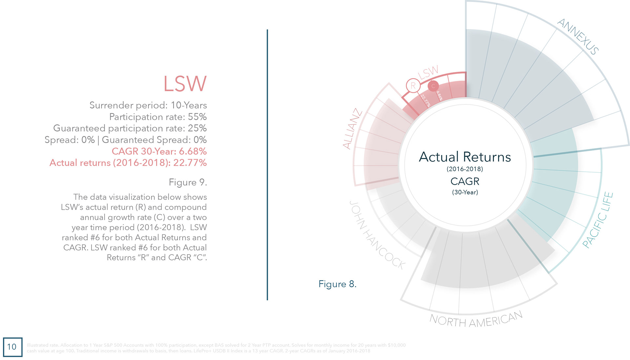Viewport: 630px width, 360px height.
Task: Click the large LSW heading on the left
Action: pos(185,84)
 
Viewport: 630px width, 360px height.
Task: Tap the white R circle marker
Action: pos(413,86)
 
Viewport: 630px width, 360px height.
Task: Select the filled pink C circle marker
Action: pos(433,86)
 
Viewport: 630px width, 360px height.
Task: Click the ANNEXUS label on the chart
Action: pos(578,36)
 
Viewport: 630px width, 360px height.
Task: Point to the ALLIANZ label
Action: pos(352,129)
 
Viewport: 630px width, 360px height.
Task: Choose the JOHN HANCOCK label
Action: pos(377,235)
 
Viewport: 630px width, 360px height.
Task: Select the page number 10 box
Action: pos(12,347)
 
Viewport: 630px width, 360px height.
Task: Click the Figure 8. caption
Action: pos(337,284)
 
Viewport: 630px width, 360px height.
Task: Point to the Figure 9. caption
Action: pos(188,182)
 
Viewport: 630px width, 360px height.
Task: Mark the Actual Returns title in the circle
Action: pos(465,157)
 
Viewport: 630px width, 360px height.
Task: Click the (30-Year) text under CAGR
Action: pos(465,192)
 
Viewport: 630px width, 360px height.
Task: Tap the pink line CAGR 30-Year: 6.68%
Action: pos(159,151)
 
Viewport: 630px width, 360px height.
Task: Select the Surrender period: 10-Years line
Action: pos(148,105)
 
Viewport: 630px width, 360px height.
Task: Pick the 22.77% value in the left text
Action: pos(190,163)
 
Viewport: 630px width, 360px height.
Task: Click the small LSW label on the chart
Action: pos(428,72)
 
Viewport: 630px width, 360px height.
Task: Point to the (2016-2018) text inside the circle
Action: pos(465,169)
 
